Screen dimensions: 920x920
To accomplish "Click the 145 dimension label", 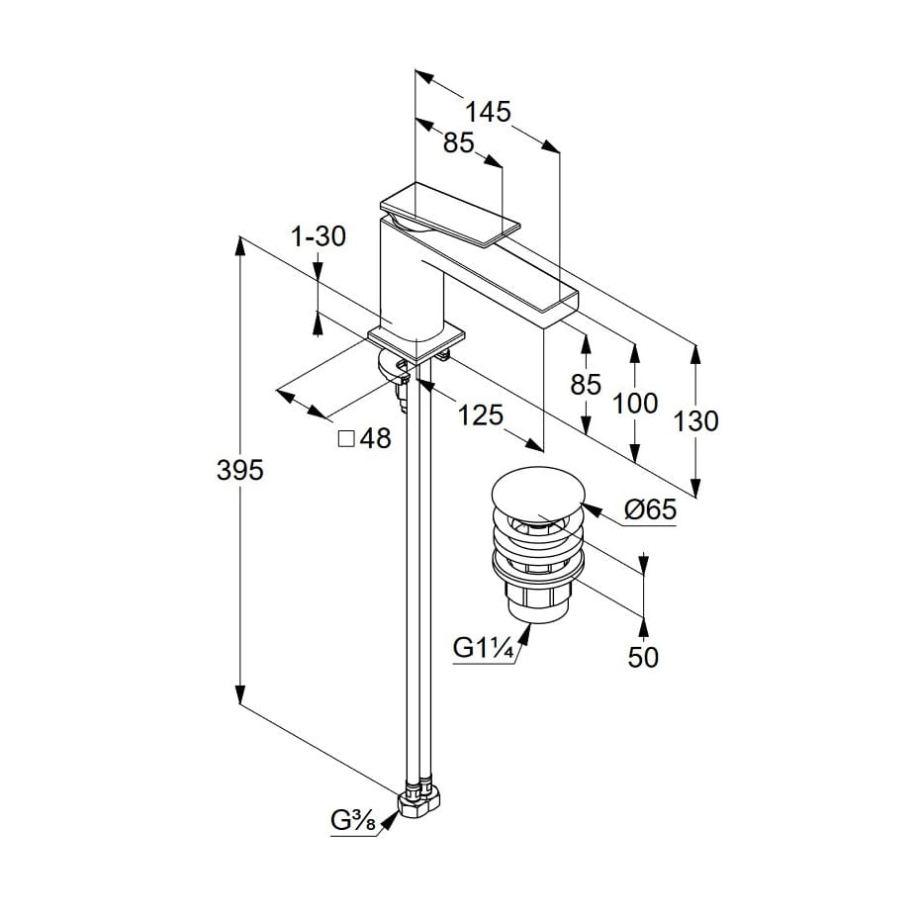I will click(491, 112).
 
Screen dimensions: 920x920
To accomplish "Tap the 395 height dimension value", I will click(240, 471).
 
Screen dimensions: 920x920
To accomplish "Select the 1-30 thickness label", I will click(319, 236).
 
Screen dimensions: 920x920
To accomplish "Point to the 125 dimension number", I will click(482, 415).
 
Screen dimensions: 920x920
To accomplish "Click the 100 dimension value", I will click(634, 403).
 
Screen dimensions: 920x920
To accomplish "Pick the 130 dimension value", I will click(695, 421).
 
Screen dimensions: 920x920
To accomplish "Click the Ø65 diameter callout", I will click(650, 510).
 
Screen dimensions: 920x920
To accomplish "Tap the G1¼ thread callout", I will click(482, 649).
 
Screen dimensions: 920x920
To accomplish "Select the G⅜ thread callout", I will click(352, 820).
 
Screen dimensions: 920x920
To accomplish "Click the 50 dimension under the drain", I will click(643, 657).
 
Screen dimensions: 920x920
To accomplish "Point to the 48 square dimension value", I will click(375, 438).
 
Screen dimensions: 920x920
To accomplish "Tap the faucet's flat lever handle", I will click(450, 213).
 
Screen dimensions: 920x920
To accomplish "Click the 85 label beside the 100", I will click(586, 384).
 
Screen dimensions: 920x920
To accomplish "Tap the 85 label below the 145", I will click(458, 143).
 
